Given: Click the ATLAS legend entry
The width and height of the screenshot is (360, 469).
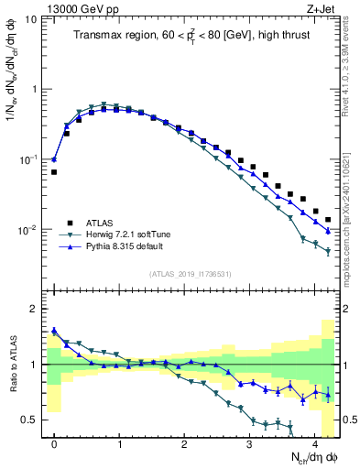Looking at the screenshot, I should [x=101, y=222].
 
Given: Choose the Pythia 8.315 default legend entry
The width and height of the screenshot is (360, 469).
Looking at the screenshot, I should [x=127, y=247].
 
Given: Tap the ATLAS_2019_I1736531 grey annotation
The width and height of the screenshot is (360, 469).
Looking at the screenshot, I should [x=190, y=274].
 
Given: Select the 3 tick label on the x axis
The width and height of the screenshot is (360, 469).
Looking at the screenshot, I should [x=249, y=442].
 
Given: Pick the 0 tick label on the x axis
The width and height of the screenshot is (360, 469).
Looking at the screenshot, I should [x=54, y=442].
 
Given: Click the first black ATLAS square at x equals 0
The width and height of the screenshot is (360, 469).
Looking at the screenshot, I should [x=54, y=172].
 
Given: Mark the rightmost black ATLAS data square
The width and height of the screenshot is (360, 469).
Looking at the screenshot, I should [x=328, y=220].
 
